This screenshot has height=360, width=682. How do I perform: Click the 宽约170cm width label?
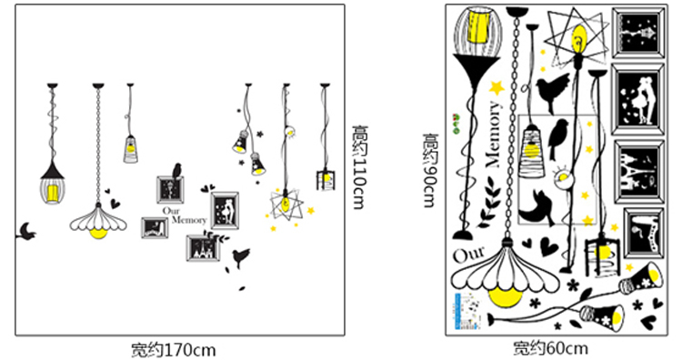coord(174,350)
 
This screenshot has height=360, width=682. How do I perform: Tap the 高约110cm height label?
coord(360,167)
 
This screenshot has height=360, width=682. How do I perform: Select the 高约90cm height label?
coord(430,170)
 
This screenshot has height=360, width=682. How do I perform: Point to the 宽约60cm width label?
coord(550,348)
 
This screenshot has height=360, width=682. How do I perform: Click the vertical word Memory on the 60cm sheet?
coord(493,135)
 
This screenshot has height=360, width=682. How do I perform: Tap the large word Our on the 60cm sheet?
coord(469,255)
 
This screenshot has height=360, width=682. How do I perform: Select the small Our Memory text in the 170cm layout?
coord(185,215)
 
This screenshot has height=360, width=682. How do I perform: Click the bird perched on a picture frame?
coord(176,171)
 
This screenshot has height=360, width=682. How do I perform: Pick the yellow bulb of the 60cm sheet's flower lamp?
coord(505,296)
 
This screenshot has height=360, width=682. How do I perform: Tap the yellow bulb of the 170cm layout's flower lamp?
coord(98,233)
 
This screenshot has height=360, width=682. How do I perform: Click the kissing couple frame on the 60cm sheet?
coord(638,99)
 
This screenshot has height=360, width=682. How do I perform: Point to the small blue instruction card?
coord(468,311)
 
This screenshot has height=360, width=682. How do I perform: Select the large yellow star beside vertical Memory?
coord(496,87)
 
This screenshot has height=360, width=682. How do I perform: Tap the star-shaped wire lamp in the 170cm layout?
coord(286,204)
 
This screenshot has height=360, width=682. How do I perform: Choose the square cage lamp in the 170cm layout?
coord(326,180)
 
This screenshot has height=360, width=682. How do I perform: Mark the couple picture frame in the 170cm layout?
coord(225,211)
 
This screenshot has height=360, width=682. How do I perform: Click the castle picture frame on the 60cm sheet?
coord(638,171)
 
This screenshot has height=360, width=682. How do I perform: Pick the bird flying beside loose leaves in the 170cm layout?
coord(241,257)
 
